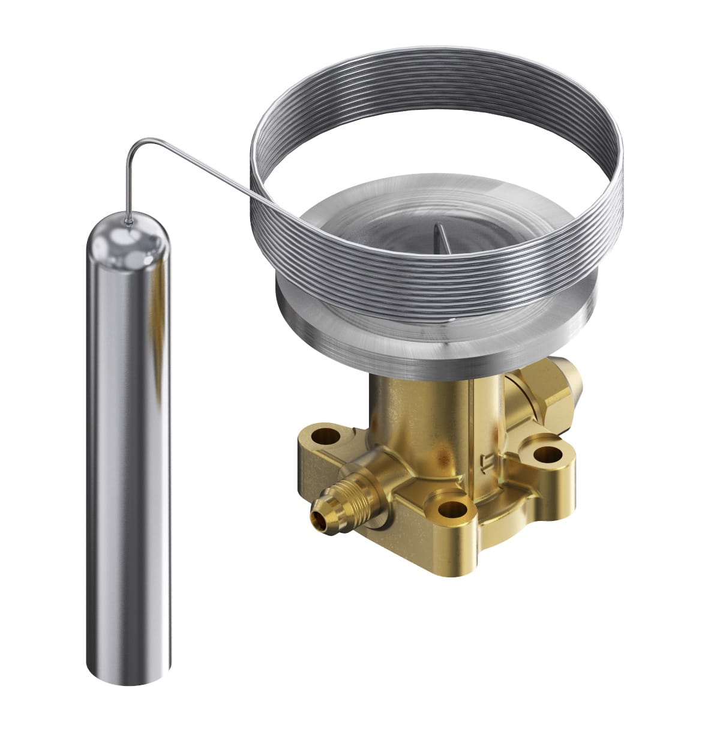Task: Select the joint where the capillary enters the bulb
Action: pyautogui.click(x=128, y=223)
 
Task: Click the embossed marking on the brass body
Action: pyautogui.click(x=485, y=463)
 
